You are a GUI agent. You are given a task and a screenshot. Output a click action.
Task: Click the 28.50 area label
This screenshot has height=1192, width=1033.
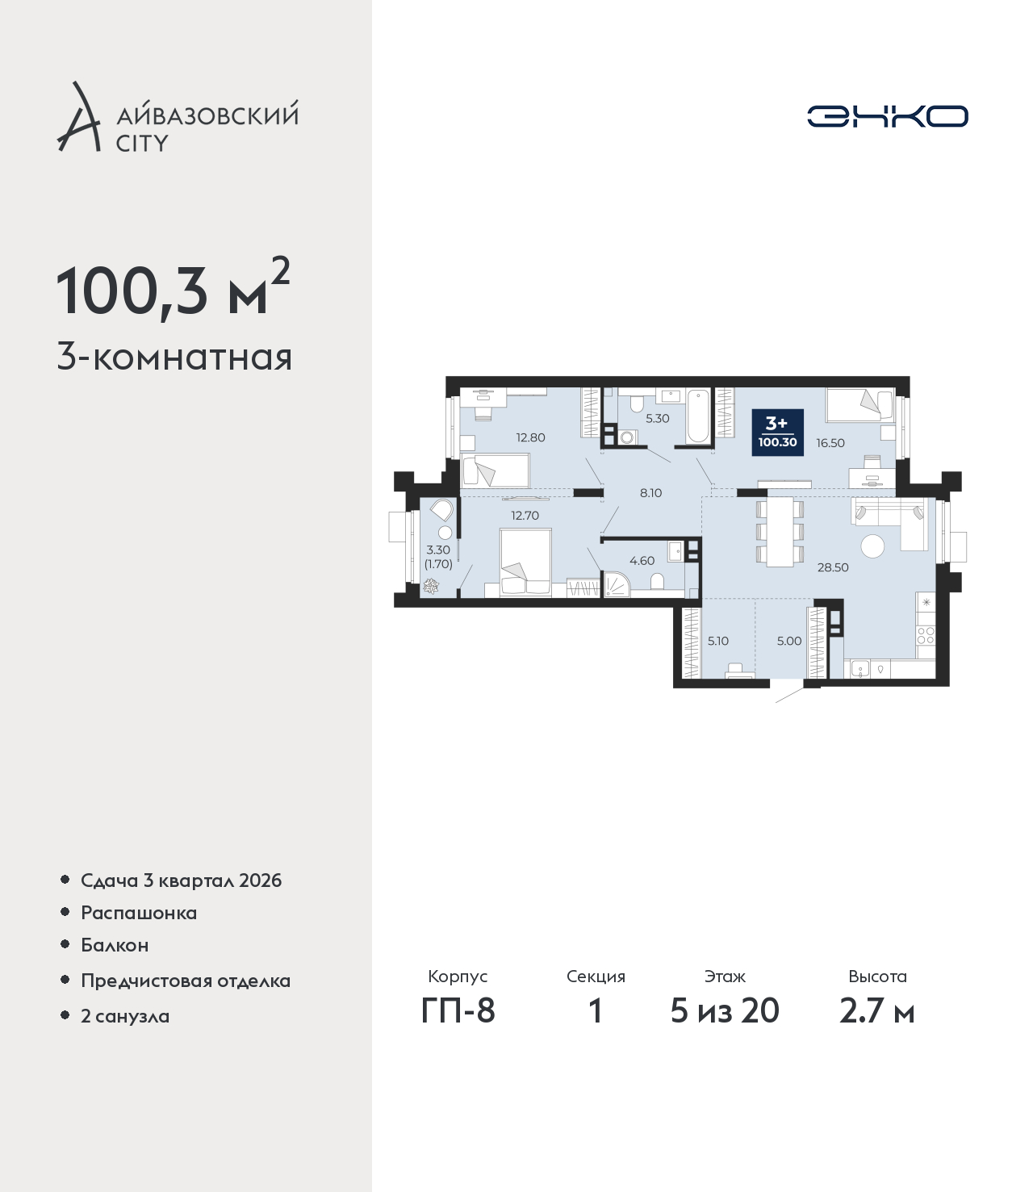(832, 567)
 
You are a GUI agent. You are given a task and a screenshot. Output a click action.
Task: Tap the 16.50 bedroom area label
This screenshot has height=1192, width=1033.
(830, 443)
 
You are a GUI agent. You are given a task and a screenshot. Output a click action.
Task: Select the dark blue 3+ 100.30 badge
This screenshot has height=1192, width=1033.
(777, 433)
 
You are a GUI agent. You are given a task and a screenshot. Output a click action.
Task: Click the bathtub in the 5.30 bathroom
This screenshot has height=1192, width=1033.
(699, 417)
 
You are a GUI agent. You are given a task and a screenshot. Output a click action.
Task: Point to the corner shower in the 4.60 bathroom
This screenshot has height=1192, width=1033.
(616, 584)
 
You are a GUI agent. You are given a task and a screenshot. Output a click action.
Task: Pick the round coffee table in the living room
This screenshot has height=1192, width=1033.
(872, 546)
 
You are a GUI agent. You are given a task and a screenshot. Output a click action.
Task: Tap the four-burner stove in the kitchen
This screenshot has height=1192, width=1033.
(925, 635)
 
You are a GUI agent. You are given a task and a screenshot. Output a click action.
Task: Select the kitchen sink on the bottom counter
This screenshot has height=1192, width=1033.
(860, 670)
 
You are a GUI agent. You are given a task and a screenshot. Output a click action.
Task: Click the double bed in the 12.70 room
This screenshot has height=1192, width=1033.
(525, 563)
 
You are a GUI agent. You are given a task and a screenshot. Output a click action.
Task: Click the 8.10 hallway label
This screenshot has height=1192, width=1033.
(650, 493)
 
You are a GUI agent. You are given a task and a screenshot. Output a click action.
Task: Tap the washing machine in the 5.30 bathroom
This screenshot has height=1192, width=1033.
(625, 437)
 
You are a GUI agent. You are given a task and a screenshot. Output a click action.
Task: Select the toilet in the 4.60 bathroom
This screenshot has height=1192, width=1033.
(657, 581)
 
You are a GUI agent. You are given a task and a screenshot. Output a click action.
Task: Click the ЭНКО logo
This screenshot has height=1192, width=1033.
(887, 116)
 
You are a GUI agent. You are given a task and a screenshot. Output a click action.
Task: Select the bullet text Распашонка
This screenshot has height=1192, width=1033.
(139, 913)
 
